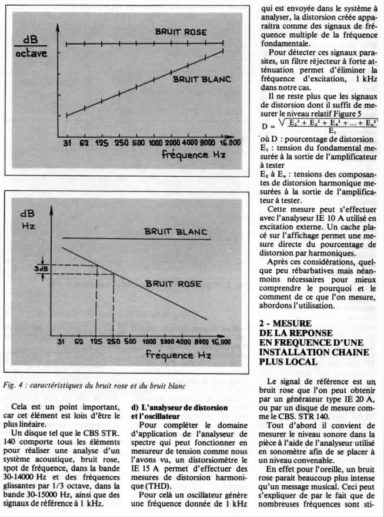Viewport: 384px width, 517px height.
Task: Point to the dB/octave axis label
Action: tap(32, 47)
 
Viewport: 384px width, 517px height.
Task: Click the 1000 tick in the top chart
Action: tap(155, 143)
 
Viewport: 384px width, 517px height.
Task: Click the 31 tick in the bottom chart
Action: tap(61, 342)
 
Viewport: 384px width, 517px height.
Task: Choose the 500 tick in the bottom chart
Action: tap(129, 342)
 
